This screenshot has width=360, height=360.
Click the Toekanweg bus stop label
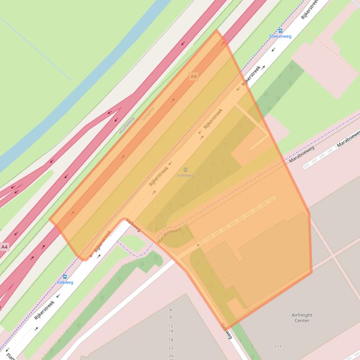pyautogui.click(x=280, y=36)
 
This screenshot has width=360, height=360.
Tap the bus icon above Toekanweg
pyautogui.click(x=280, y=30)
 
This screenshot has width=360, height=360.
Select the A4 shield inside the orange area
pyautogui.click(x=193, y=76)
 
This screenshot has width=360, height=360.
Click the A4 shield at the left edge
pyautogui.click(x=4, y=246)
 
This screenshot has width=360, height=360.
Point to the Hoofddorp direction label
pyautogui.click(x=126, y=125)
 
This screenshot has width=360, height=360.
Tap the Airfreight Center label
pyautogui.click(x=301, y=318)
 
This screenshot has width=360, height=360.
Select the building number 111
pyautogui.click(x=278, y=346)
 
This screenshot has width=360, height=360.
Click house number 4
pyautogui.click(x=170, y=310)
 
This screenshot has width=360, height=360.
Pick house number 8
pyautogui.click(x=170, y=317)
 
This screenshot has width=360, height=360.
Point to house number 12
pyautogui.click(x=170, y=326)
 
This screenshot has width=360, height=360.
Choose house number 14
pyautogui.click(x=170, y=331)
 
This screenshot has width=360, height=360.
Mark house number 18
pyautogui.click(x=170, y=340)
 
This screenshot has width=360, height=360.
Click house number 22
pyautogui.click(x=170, y=348)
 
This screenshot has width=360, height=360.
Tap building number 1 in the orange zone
pyautogui.click(x=219, y=257)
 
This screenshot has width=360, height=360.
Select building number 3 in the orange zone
pyautogui.click(x=230, y=274)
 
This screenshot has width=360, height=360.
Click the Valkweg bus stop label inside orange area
pyautogui.click(x=185, y=175)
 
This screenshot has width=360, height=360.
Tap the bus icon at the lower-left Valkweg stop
pyautogui.click(x=65, y=277)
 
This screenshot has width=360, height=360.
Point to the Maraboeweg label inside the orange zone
pyautogui.click(x=169, y=235)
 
